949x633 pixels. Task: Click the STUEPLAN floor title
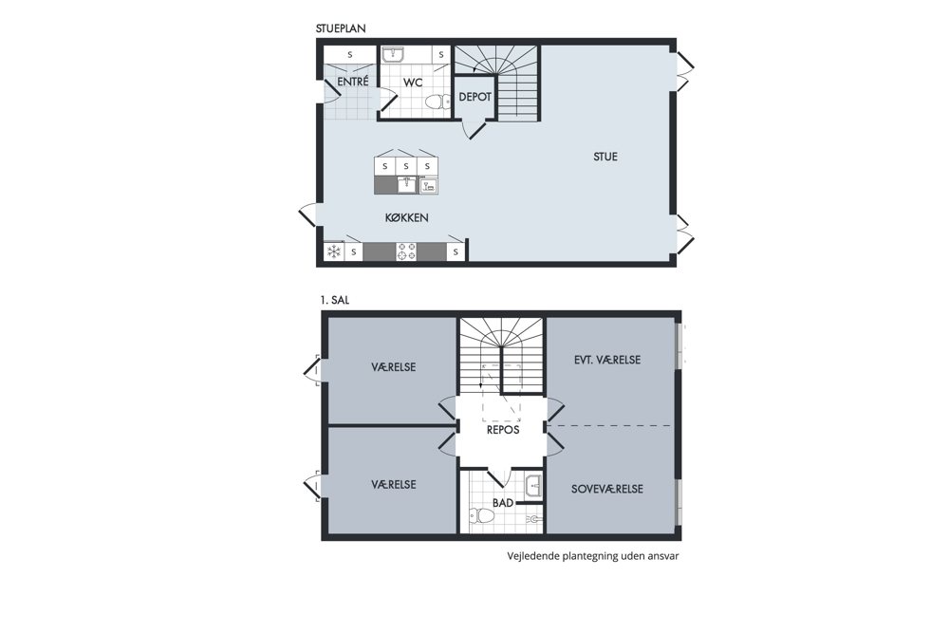341,28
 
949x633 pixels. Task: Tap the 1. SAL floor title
335,300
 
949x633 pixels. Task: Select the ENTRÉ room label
353,81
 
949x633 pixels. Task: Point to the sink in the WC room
394,55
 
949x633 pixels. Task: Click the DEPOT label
475,97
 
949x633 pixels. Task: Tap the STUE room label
605,157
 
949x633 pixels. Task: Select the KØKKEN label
407,218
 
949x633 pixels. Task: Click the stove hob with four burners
406,251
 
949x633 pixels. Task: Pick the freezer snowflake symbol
333,251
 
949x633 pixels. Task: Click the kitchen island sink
407,184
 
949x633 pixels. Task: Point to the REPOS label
503,430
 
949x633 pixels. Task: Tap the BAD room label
502,503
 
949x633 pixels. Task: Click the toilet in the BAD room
482,516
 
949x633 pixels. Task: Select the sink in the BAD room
533,487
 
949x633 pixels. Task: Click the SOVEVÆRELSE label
607,489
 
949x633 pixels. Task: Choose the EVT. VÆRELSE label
607,360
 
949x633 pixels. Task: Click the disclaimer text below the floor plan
592,556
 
